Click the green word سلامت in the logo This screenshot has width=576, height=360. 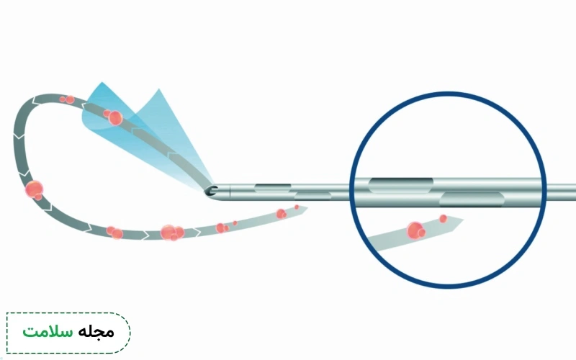[48, 332]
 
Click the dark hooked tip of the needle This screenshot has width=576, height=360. [211, 191]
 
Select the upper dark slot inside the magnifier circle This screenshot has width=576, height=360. [401, 185]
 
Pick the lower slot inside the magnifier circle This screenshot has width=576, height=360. [472, 199]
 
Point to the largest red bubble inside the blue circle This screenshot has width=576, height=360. [415, 230]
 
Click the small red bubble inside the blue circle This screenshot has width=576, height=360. [443, 219]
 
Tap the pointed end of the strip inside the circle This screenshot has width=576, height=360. [463, 220]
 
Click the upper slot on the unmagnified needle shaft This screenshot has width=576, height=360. [273, 188]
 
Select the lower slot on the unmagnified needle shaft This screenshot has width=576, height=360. [313, 196]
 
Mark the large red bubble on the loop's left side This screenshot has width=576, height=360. [34, 189]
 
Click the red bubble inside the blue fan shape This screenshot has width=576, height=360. [114, 117]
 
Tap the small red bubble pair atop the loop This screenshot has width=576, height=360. [68, 99]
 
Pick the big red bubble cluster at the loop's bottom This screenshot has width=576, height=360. [171, 233]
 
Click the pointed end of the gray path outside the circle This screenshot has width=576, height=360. [307, 208]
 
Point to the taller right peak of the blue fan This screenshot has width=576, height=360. [158, 89]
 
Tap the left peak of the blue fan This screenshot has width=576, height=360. [102, 82]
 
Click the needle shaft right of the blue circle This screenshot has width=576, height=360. [562, 192]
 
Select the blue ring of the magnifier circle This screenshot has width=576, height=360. [448, 94]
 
